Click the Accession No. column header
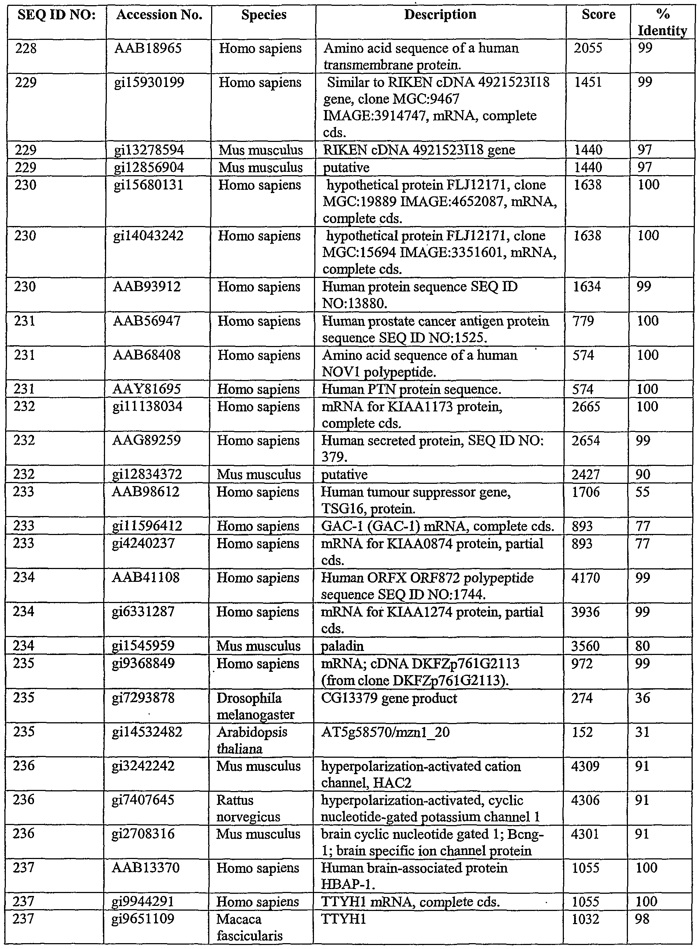[x=159, y=15]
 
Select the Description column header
[x=440, y=15]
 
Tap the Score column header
[x=598, y=15]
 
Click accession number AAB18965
[x=148, y=49]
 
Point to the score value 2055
[x=588, y=48]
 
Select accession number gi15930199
[x=149, y=83]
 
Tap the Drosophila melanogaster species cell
[x=255, y=706]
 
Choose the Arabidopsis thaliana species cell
[x=252, y=740]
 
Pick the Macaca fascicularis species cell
[x=249, y=927]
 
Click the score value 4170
[x=585, y=577]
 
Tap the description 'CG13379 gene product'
[x=389, y=698]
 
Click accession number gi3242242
[x=143, y=766]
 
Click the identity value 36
[x=643, y=698]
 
